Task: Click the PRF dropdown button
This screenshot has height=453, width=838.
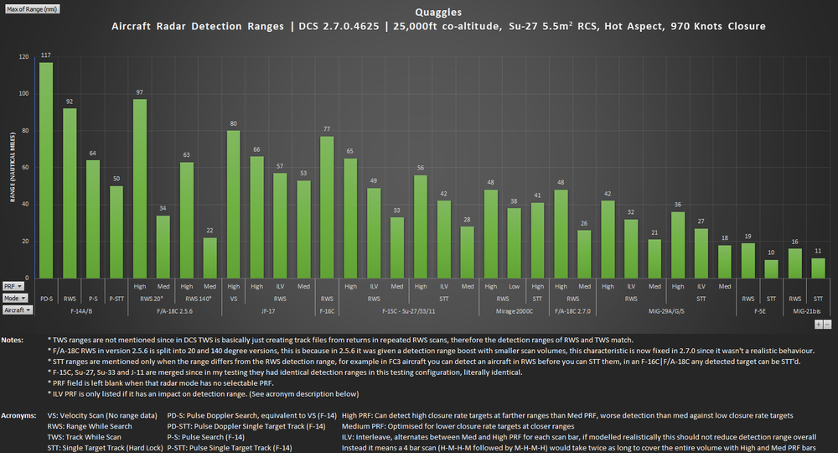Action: (13, 286)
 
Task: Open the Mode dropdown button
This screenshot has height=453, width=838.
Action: (13, 298)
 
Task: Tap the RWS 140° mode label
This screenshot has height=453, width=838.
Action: (199, 298)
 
